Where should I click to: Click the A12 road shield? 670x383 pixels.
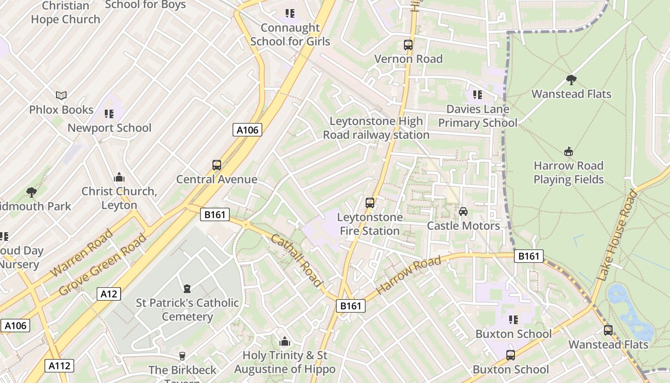pos(109,294)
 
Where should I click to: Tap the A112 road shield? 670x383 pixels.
pos(60,366)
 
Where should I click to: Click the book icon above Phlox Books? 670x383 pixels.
pos(61,95)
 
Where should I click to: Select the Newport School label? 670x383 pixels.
pos(109,128)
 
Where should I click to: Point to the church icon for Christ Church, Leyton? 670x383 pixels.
pos(119,177)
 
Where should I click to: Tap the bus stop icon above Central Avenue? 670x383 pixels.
pos(217,165)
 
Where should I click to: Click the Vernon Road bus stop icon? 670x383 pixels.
pos(408,45)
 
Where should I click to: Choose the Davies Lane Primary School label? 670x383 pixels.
pos(478,116)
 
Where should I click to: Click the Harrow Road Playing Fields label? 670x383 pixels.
pos(569,173)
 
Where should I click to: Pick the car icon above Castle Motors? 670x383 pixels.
pos(463,212)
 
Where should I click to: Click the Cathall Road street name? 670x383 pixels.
pos(297,260)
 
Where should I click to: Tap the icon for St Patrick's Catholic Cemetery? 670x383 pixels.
pos(187,289)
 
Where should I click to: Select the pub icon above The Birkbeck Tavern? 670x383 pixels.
pos(182,356)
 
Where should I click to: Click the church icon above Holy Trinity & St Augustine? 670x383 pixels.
pos(285,341)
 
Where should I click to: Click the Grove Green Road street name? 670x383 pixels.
pos(103,264)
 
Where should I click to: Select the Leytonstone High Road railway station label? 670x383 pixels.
pos(376,128)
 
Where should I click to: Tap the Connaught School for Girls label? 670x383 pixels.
pos(290,35)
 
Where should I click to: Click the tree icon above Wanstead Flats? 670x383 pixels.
pos(571,79)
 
